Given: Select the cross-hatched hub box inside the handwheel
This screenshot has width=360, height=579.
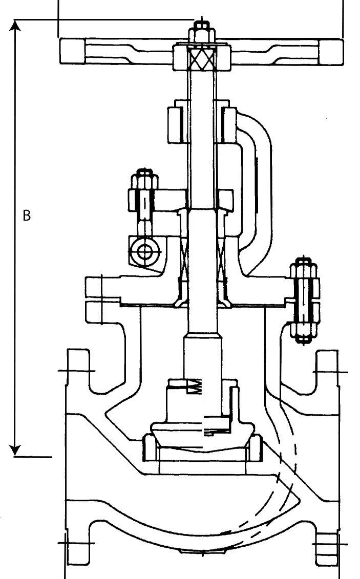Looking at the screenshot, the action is (200, 58).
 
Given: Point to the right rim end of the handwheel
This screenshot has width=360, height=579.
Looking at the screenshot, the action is (331, 51).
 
